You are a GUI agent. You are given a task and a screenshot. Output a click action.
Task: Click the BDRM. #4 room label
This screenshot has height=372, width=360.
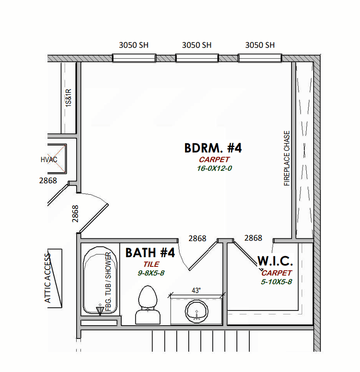pyautogui.click(x=213, y=148)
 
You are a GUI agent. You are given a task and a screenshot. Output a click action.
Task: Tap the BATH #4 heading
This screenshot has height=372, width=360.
pyautogui.click(x=150, y=253)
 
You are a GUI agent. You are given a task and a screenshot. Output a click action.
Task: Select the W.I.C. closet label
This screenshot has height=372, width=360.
pyautogui.click(x=275, y=261)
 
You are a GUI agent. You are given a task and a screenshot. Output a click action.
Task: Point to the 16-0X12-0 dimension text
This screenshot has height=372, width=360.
pyautogui.click(x=214, y=168)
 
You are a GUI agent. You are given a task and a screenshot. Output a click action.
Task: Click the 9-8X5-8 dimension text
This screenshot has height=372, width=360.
pyautogui.click(x=151, y=273)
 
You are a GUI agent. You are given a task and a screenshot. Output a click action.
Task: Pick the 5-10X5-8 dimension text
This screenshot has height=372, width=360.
pyautogui.click(x=276, y=282)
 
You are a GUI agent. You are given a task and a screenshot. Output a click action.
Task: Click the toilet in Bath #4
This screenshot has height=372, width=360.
pyautogui.click(x=147, y=305)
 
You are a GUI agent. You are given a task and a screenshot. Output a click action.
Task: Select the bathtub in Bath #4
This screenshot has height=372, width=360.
pyautogui.click(x=100, y=281)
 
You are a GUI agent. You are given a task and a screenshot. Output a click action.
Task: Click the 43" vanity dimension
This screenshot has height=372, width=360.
pyautogui.click(x=196, y=290)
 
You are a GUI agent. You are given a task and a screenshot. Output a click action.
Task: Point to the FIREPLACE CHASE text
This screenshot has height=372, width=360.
pyautogui.click(x=287, y=158)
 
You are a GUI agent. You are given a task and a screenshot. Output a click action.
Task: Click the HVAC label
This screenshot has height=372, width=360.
pyautogui.click(x=49, y=160)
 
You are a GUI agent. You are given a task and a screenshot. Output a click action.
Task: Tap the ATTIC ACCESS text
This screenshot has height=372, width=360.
pyautogui.click(x=48, y=278)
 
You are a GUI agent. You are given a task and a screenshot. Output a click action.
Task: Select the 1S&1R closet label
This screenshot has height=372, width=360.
pyautogui.click(x=68, y=98)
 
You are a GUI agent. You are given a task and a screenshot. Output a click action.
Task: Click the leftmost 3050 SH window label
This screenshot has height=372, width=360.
pyautogui.click(x=134, y=45)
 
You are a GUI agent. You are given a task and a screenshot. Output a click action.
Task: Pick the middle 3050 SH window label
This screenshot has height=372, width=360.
pyautogui.click(x=197, y=45)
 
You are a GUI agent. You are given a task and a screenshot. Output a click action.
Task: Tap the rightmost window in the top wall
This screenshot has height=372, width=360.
pyautogui.click(x=260, y=58)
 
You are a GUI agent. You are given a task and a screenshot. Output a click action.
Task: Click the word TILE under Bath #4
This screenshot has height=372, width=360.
pyautogui.click(x=151, y=264)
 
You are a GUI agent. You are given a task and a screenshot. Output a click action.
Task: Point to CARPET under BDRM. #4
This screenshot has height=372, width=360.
pyautogui.click(x=214, y=159)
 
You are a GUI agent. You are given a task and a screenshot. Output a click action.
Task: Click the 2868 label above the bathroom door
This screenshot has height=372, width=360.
pyautogui.click(x=197, y=238)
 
